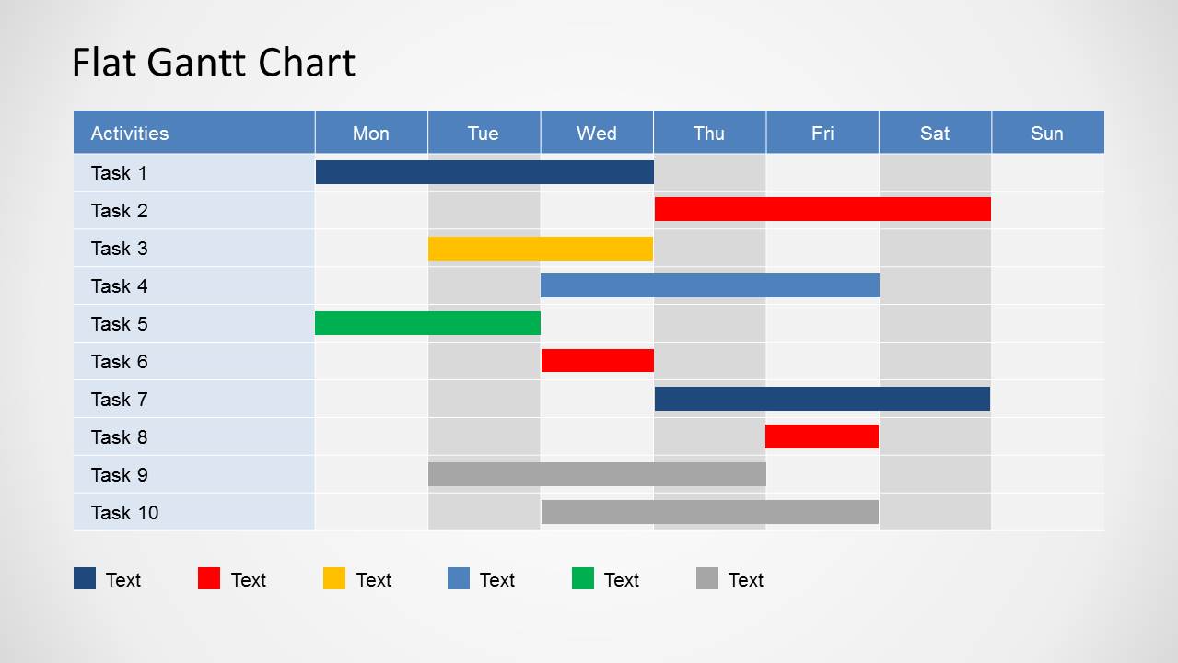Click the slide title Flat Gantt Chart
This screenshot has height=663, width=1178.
213,63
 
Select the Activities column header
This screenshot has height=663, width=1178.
130,133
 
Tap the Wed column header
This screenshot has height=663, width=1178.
596,133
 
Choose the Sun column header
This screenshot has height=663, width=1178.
1046,133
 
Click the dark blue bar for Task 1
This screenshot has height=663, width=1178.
484,172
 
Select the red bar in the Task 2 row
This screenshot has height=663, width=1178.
822,209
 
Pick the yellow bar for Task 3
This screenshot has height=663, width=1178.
541,248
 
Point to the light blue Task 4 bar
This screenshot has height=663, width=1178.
709,285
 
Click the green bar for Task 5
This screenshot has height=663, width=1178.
427,323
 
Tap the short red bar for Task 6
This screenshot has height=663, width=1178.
598,360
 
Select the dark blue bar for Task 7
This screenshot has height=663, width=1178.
822,399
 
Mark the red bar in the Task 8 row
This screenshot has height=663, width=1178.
822,436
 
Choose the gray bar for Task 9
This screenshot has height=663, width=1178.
597,474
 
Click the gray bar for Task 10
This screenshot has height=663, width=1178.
709,512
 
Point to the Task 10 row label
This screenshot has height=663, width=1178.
124,512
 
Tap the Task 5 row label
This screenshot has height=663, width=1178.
119,323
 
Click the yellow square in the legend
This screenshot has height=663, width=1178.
334,578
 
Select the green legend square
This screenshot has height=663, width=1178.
583,578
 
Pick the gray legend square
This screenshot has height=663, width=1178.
707,578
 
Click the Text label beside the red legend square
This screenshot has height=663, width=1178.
248,579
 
